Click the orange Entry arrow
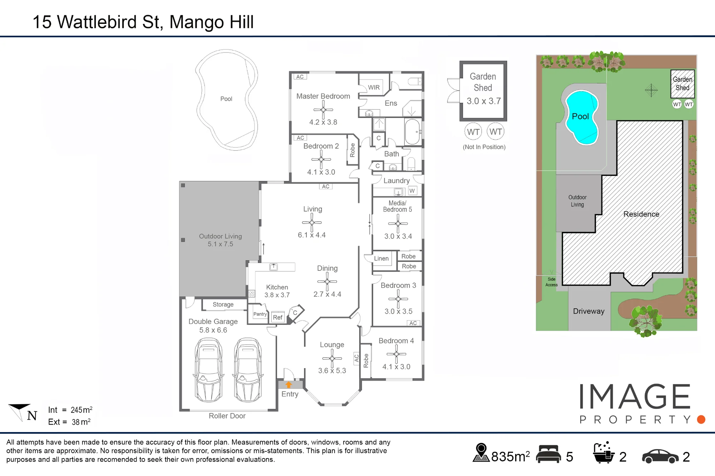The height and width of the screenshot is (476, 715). [289, 385]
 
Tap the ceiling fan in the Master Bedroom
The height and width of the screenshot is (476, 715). [323, 110]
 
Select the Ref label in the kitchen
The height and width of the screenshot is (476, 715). [277, 317]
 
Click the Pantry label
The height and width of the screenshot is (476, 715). [260, 314]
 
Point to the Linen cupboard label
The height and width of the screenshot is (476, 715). [381, 259]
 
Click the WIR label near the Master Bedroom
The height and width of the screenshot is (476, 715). [374, 87]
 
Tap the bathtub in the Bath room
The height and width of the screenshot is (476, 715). [413, 131]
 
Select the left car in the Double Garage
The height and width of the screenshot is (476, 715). [208, 370]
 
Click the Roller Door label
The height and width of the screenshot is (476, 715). [227, 416]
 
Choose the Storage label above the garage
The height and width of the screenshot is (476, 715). [223, 305]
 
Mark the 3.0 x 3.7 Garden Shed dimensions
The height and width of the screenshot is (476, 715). [484, 101]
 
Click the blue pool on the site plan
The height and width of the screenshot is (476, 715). [582, 117]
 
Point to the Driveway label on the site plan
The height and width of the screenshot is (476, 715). [589, 311]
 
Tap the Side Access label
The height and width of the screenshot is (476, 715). [551, 282]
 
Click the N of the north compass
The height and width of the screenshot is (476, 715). [32, 415]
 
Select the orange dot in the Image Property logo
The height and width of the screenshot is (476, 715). [701, 420]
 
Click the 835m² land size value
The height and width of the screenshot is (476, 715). [511, 456]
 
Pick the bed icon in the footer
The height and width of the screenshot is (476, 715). [548, 454]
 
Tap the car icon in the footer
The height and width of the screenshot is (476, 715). [660, 456]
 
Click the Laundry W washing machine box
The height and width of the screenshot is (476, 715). [412, 191]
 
